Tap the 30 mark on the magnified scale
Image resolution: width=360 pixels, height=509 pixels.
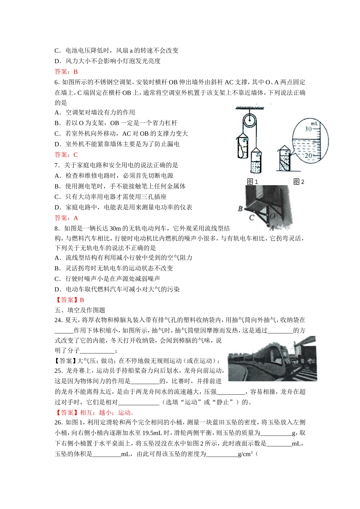[x=308, y=129]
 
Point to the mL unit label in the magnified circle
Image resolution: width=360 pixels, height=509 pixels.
[x=314, y=123]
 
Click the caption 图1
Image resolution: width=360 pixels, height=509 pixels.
[x=252, y=182]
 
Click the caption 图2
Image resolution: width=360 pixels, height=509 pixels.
[x=299, y=182]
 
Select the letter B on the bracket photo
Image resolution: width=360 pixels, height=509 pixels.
[x=240, y=209]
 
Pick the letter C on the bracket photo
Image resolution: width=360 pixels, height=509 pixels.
[x=252, y=218]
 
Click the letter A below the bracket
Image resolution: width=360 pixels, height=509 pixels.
[x=271, y=228]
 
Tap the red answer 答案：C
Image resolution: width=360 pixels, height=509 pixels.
[x=66, y=155]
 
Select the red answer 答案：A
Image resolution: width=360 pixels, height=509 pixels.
[x=66, y=218]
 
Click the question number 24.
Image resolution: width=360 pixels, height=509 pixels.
[x=58, y=320]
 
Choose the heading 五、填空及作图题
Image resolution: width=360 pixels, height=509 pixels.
[x=80, y=310]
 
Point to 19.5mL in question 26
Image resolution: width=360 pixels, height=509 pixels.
[x=153, y=433]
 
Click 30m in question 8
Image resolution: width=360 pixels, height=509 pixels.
[x=115, y=228]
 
